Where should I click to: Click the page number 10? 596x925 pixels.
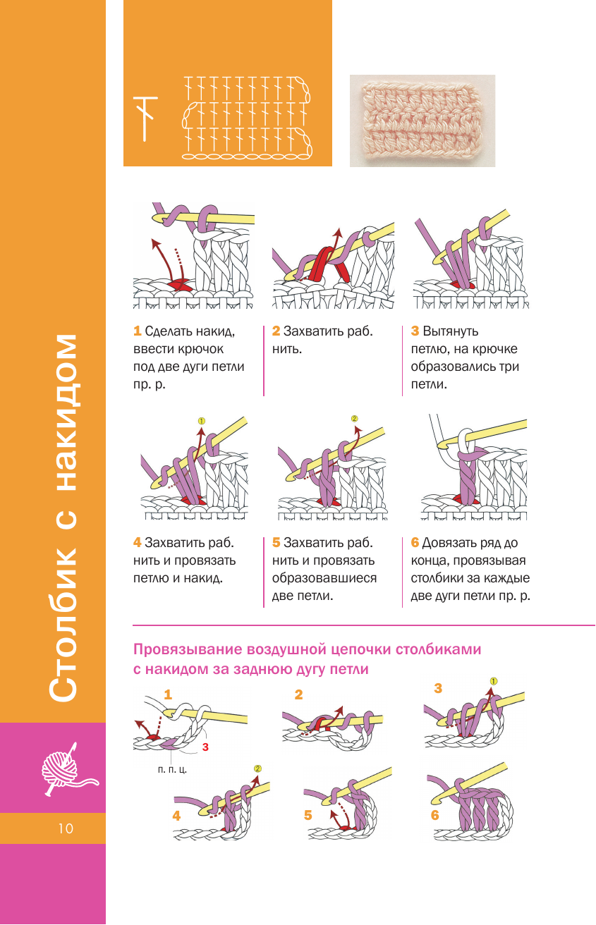pyautogui.click(x=66, y=828)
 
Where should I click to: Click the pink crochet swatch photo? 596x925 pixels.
pyautogui.click(x=422, y=121)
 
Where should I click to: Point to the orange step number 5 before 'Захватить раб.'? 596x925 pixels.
pyautogui.click(x=276, y=543)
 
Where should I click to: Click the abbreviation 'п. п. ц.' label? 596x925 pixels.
pyautogui.click(x=172, y=770)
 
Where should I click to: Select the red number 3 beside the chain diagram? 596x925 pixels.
pyautogui.click(x=205, y=746)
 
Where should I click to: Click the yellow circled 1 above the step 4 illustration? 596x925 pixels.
pyautogui.click(x=201, y=421)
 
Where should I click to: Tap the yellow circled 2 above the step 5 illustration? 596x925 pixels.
pyautogui.click(x=354, y=417)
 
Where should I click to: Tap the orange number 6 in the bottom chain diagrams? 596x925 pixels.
pyautogui.click(x=435, y=815)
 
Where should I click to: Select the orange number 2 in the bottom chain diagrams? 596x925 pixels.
pyautogui.click(x=298, y=694)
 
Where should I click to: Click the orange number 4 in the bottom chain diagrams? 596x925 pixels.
pyautogui.click(x=176, y=816)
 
